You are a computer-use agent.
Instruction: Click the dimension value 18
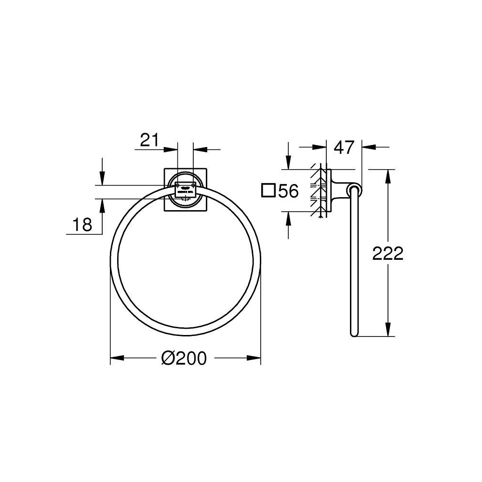81,225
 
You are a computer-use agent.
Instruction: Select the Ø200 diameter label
184,358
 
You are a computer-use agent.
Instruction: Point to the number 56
288,191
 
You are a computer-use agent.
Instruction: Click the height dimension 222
387,253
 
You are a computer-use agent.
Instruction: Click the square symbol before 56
268,191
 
